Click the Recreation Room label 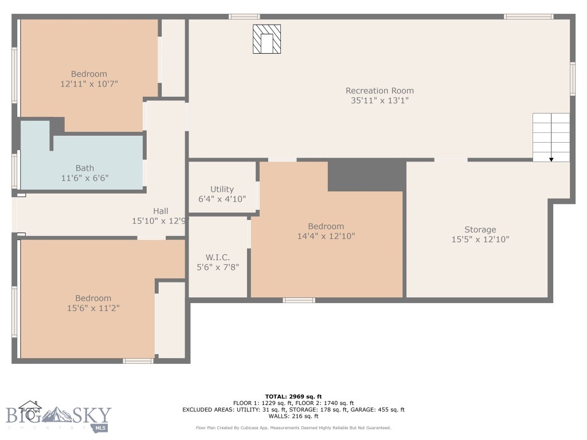(379, 91)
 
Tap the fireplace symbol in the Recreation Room (267, 39)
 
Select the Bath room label (85, 168)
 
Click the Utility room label (222, 189)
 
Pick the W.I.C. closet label (218, 257)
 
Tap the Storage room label (480, 230)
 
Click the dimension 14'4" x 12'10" (326, 236)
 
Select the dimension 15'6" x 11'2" (93, 308)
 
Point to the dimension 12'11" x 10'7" (89, 84)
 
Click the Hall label (161, 211)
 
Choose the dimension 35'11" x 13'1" (379, 100)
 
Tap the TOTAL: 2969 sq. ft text (293, 396)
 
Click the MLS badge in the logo (101, 427)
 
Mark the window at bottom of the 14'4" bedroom (299, 300)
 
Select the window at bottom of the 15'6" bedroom (138, 361)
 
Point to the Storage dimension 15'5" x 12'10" (480, 239)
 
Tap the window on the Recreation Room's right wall (572, 78)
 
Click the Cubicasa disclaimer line (293, 428)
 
